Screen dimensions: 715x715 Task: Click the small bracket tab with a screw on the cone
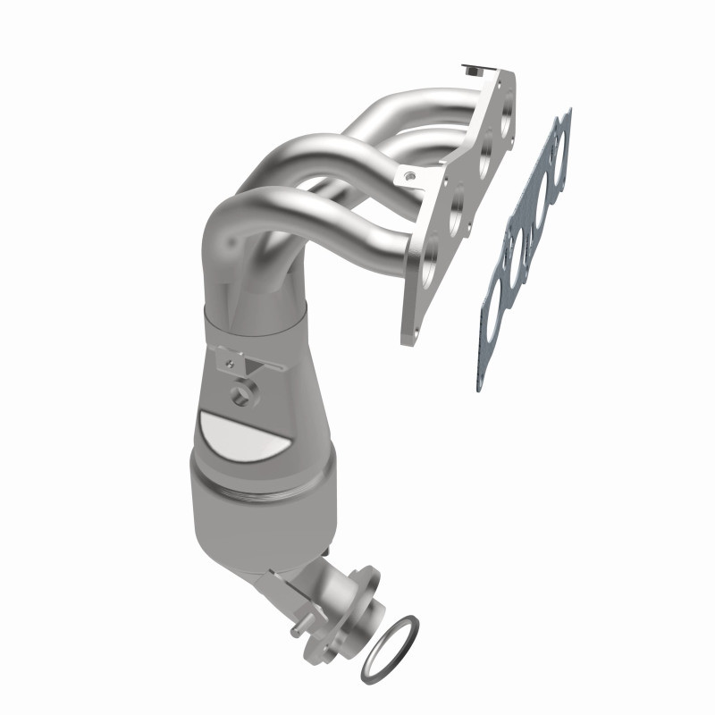tap(234, 362)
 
